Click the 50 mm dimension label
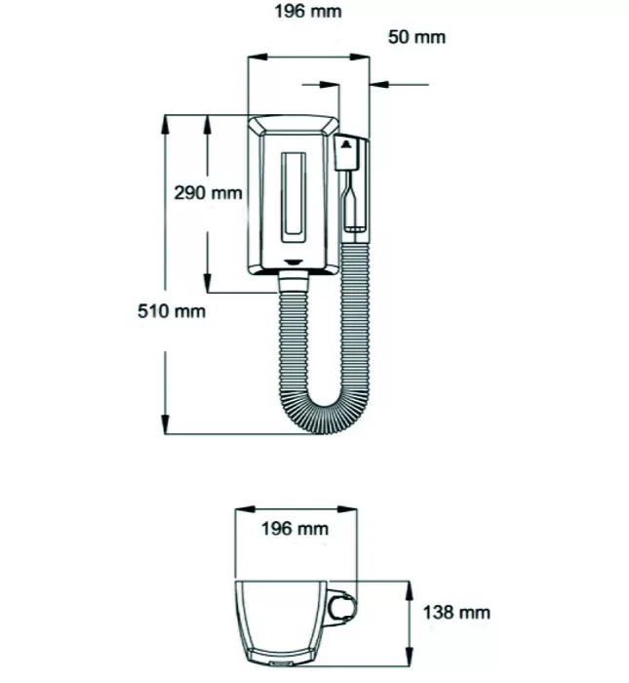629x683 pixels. pyautogui.click(x=416, y=37)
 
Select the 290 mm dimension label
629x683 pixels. pyautogui.click(x=208, y=192)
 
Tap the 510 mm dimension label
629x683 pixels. pyautogui.click(x=172, y=311)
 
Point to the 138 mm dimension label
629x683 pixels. pyautogui.click(x=456, y=613)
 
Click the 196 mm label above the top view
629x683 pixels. pyautogui.click(x=295, y=529)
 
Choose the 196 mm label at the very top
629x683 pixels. pyautogui.click(x=308, y=12)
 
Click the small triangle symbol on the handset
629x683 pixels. pyautogui.click(x=347, y=144)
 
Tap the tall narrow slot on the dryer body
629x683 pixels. pyautogui.click(x=294, y=197)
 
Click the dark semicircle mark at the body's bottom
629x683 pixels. pyautogui.click(x=294, y=262)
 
